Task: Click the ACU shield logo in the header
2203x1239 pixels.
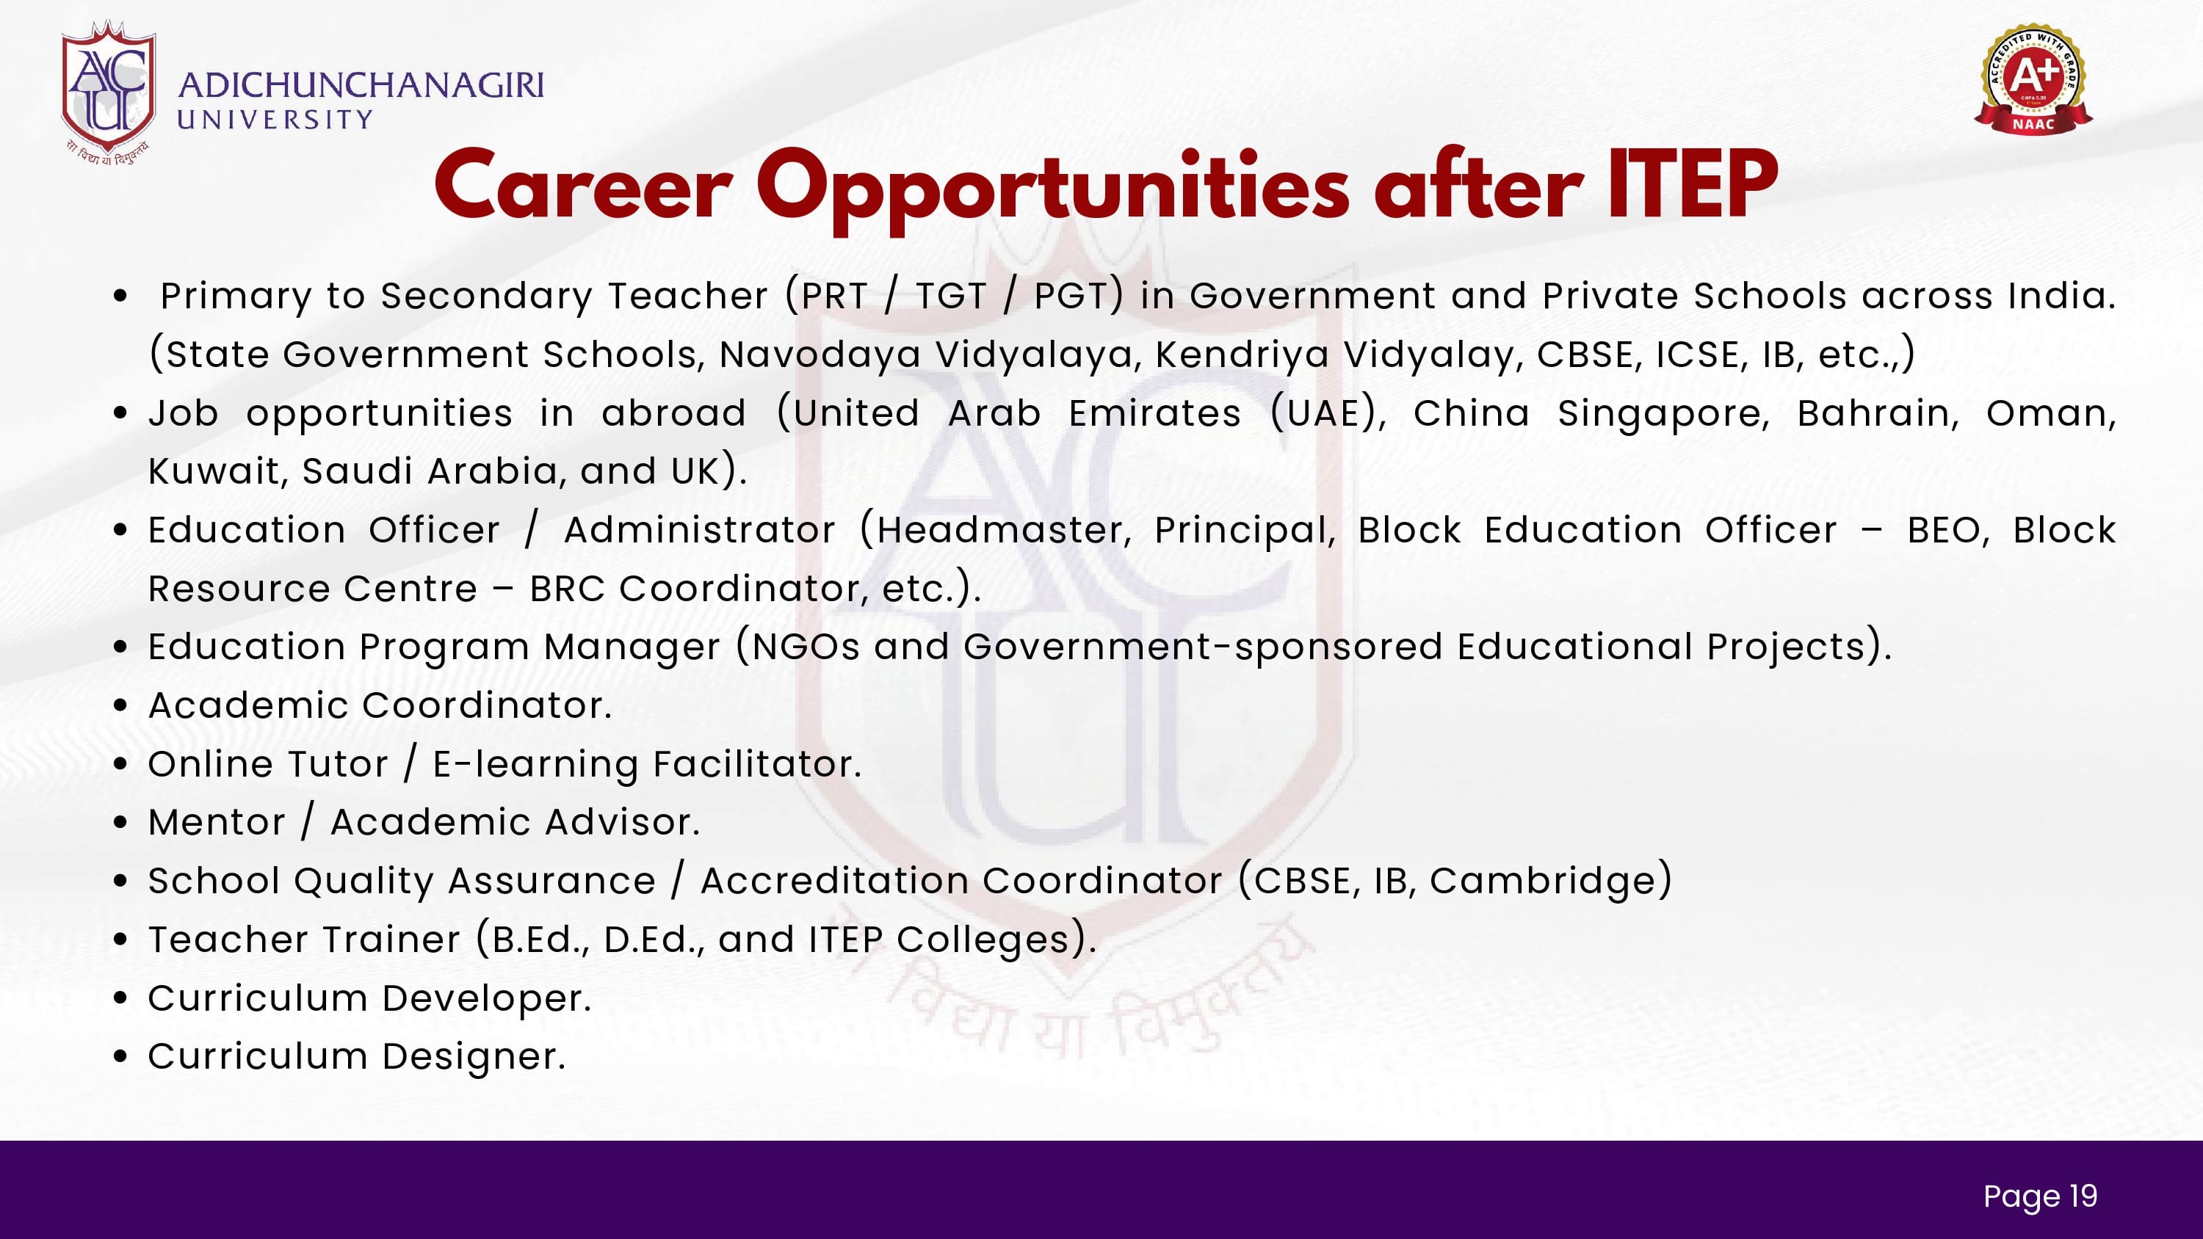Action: click(108, 90)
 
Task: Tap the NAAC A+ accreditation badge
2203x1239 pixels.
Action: click(2033, 79)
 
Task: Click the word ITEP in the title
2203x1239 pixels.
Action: click(1692, 185)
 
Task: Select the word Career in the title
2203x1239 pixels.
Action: click(583, 187)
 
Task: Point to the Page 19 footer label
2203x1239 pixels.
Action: click(2041, 1196)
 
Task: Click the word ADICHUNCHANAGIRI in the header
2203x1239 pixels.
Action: click(361, 85)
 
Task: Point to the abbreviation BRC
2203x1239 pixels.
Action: click(568, 588)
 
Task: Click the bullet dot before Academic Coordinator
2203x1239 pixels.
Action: click(120, 706)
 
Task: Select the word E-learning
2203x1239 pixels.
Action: click(535, 764)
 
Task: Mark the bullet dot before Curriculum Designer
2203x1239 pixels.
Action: click(120, 1058)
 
